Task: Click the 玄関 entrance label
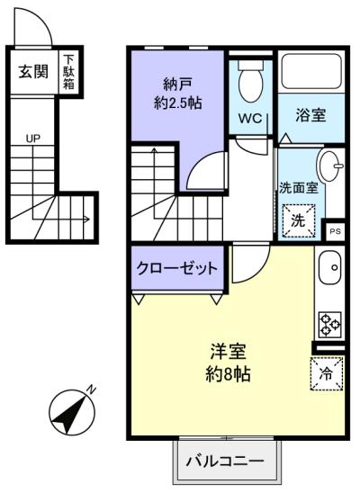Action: pos(33,72)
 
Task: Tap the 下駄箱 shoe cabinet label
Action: pos(69,72)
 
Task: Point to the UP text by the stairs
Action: pos(33,139)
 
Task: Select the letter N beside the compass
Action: pos(91,390)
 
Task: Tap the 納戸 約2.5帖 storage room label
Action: pos(177,94)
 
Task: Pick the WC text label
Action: pos(250,119)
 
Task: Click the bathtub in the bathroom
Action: pos(311,71)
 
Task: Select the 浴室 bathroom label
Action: pos(310,115)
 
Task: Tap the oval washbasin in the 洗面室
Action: pos(330,166)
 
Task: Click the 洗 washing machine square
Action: pos(298,220)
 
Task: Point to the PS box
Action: pos(335,231)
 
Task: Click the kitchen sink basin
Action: pos(329,267)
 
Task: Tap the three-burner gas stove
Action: pos(329,325)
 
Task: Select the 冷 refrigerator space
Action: pos(327,373)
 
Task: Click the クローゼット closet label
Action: pos(177,268)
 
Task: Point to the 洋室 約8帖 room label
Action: pos(228,363)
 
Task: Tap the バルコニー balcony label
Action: pos(225,462)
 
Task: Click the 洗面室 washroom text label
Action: pos(299,188)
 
